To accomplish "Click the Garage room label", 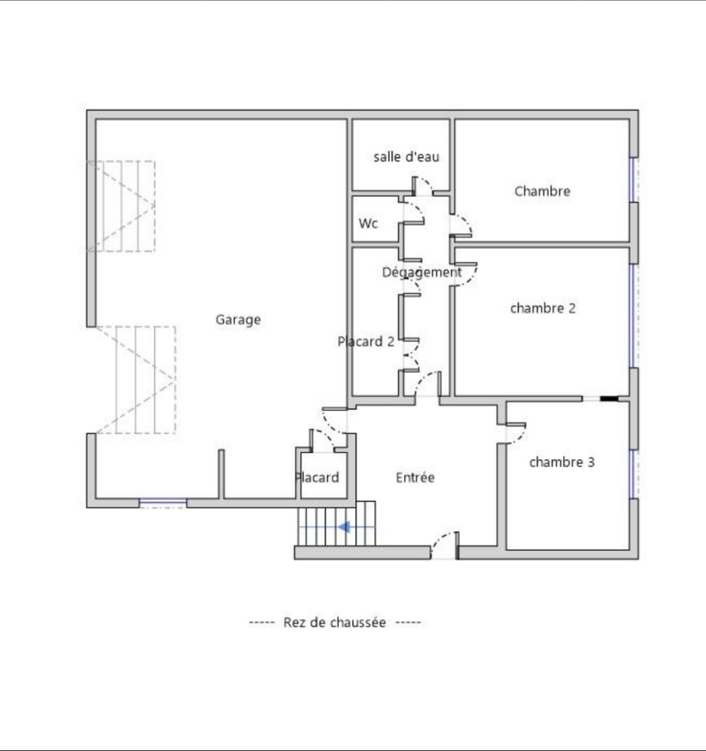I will click(x=238, y=320).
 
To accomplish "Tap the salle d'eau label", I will click(x=407, y=157).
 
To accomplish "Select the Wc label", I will click(x=368, y=223).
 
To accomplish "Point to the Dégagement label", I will click(x=421, y=272).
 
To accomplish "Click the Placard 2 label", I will click(x=366, y=341).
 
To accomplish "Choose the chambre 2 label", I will click(x=543, y=308).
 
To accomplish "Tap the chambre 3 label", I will click(x=562, y=462).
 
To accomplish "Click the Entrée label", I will click(x=415, y=478).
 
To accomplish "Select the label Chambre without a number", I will click(x=542, y=191).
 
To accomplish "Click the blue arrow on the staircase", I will click(x=344, y=527).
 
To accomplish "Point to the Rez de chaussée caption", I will click(x=335, y=622).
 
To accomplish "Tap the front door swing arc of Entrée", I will click(x=443, y=543).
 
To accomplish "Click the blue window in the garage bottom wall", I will click(x=162, y=503).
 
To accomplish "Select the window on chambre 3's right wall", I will click(x=633, y=473).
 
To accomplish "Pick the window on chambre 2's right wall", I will click(x=633, y=315).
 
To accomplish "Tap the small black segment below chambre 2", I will click(x=609, y=399).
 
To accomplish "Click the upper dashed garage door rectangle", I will click(x=123, y=206).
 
